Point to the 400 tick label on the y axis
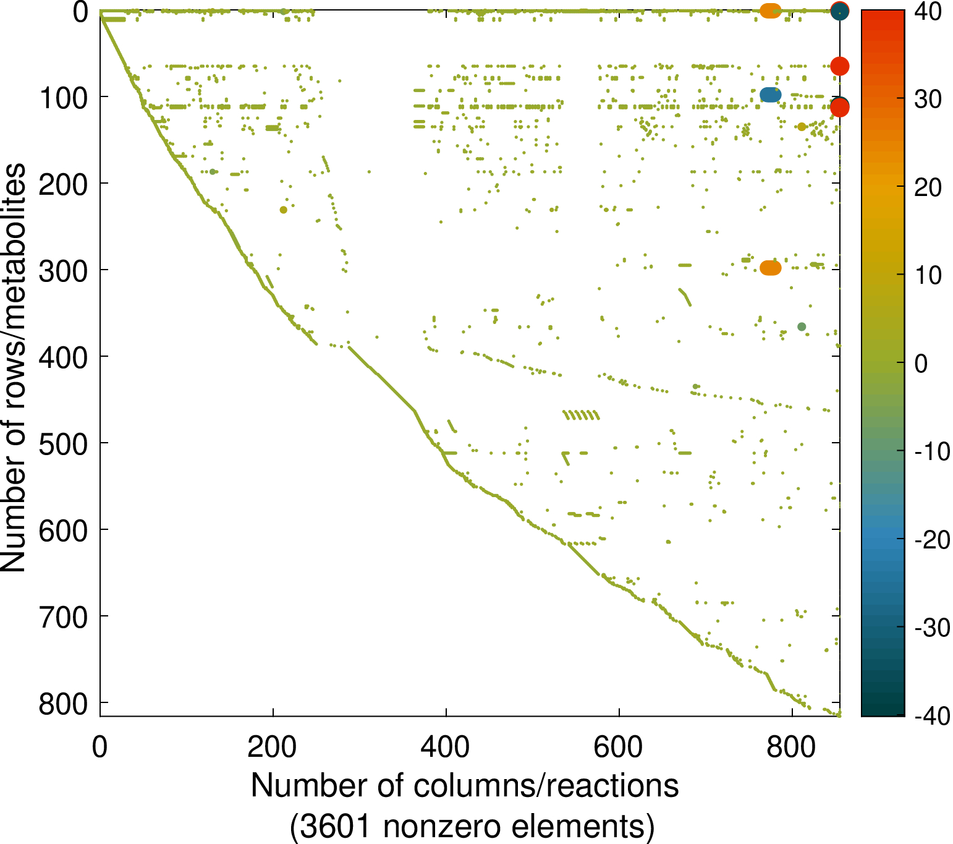pos(63,357)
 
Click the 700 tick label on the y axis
pos(63,616)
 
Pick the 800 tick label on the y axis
pos(63,703)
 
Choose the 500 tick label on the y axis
pos(63,443)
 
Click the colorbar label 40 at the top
pos(926,11)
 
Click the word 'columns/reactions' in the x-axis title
pos(546,786)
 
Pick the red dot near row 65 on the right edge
pos(839,66)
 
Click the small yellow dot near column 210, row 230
pos(283,210)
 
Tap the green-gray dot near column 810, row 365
pos(802,326)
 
